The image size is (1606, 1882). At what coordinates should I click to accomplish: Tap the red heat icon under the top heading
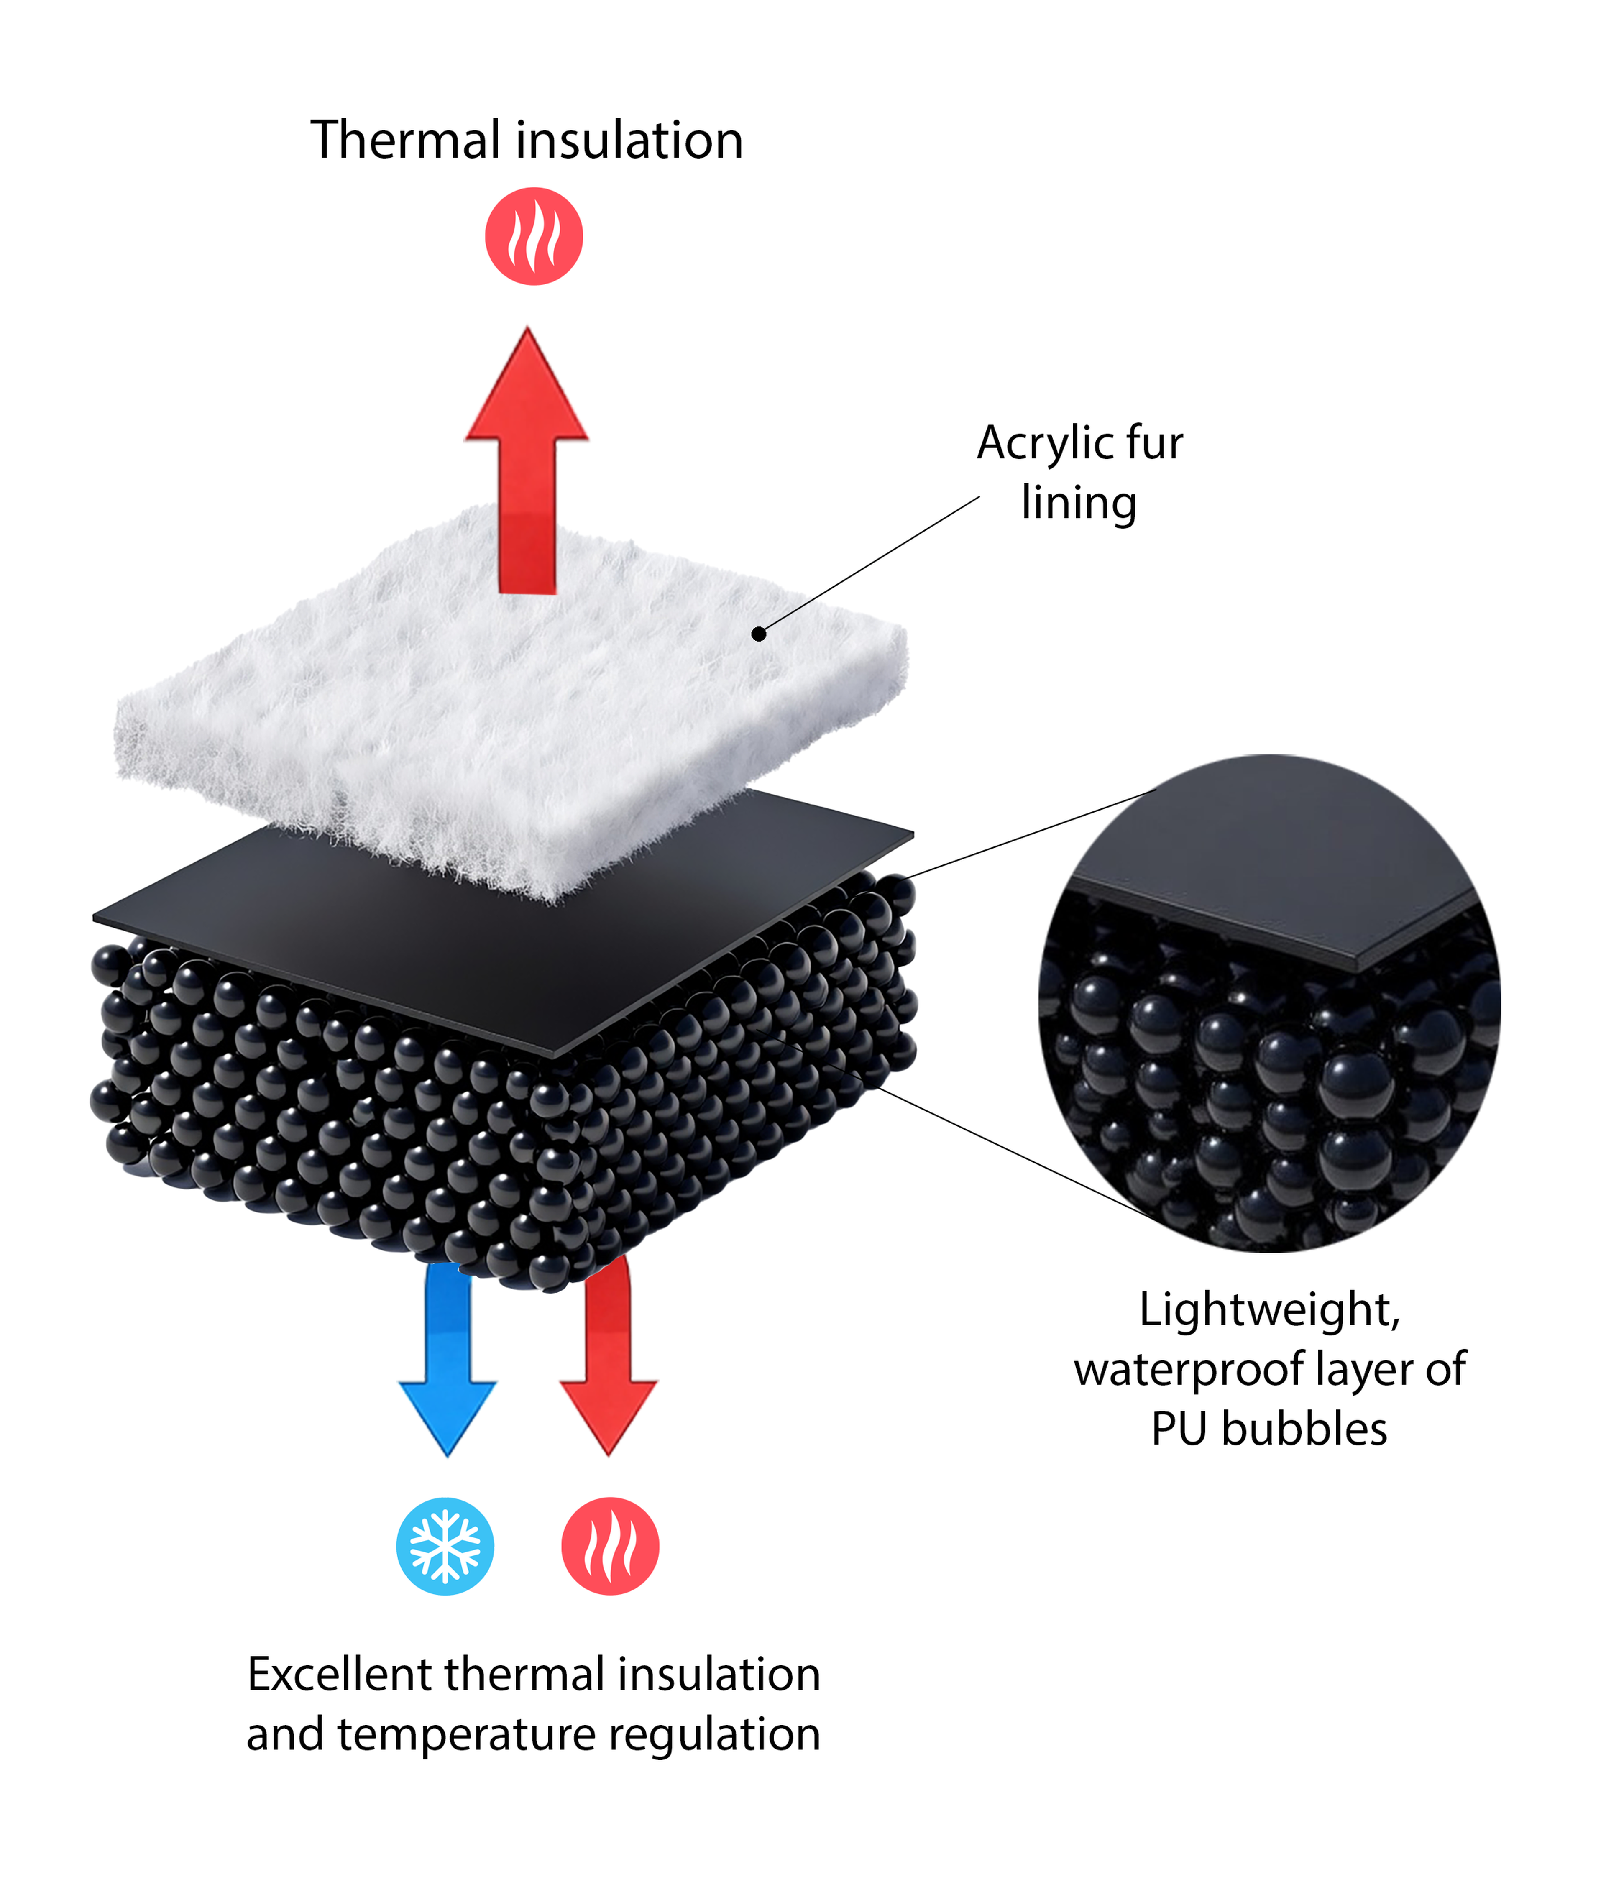533,236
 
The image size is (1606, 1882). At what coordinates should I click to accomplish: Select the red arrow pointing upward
527,460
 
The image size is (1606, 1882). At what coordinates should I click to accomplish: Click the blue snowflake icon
445,1546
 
